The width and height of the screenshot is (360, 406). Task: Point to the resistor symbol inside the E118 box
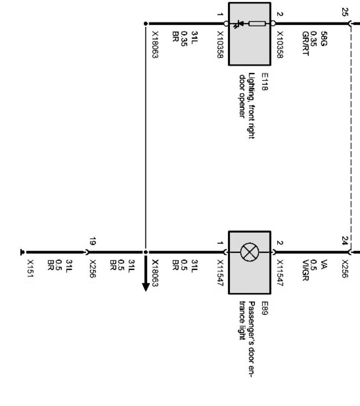[x=257, y=24]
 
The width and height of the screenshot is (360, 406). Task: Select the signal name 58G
[x=324, y=38]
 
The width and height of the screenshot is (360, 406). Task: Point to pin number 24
[x=345, y=241]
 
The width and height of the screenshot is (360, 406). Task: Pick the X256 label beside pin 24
[x=345, y=269]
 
